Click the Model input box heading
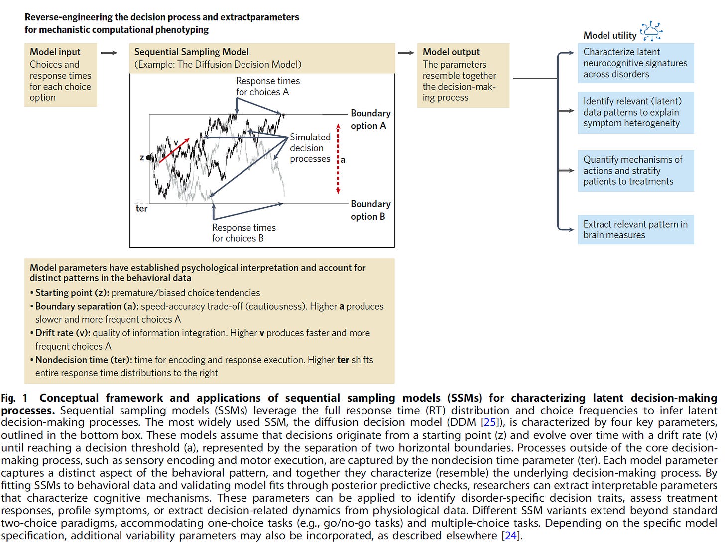click(x=55, y=52)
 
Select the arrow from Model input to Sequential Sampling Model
click(x=109, y=53)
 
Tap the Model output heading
click(x=451, y=52)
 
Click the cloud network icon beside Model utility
click(x=651, y=31)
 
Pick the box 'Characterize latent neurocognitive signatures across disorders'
click(x=635, y=63)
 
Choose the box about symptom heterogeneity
click(x=635, y=112)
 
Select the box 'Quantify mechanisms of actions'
click(x=635, y=171)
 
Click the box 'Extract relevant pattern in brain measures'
click(x=635, y=229)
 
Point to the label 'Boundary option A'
click(x=370, y=119)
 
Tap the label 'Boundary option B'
click(x=370, y=210)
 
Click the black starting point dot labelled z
click(x=149, y=158)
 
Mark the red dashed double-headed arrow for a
click(x=338, y=158)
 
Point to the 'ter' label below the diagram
click(x=141, y=209)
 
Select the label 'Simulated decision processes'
click(x=310, y=148)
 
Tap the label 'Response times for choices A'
click(x=267, y=86)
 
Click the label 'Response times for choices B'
click(x=243, y=233)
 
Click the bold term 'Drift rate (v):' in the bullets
click(x=63, y=333)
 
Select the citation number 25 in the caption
click(x=490, y=422)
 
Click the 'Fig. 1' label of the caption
click(x=14, y=398)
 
